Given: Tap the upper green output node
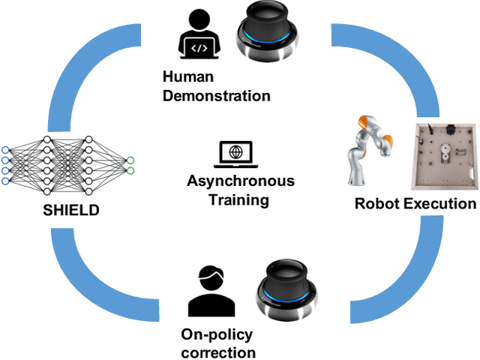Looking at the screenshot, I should (x=130, y=159).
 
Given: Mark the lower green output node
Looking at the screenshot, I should (x=130, y=171).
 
